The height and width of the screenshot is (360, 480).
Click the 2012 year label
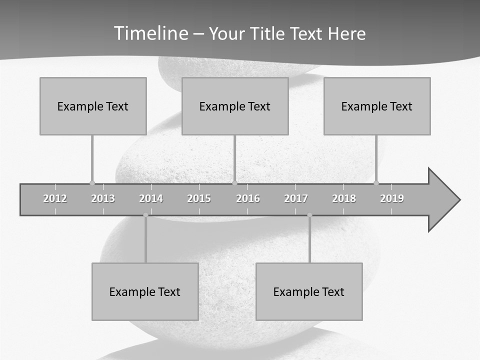click(55, 198)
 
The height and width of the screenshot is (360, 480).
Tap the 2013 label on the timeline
click(103, 198)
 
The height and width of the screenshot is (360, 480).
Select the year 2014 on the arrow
click(151, 198)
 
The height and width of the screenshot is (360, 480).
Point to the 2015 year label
click(199, 198)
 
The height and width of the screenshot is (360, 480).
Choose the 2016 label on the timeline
click(248, 198)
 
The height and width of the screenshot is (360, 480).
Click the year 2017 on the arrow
click(296, 198)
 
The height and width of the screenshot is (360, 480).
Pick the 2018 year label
click(344, 198)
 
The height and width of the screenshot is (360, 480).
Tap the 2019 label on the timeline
click(392, 198)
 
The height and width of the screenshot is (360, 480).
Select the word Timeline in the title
click(150, 33)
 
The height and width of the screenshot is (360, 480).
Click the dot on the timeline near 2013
click(92, 183)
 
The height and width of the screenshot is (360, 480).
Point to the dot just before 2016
click(234, 183)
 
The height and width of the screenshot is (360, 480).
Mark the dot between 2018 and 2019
click(376, 183)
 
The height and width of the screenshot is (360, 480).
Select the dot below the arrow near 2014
click(145, 215)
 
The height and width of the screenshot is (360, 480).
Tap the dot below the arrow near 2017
click(309, 215)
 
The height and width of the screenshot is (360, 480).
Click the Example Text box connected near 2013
click(93, 106)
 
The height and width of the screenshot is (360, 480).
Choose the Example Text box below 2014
click(145, 291)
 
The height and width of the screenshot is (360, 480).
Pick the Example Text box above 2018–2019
click(377, 106)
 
